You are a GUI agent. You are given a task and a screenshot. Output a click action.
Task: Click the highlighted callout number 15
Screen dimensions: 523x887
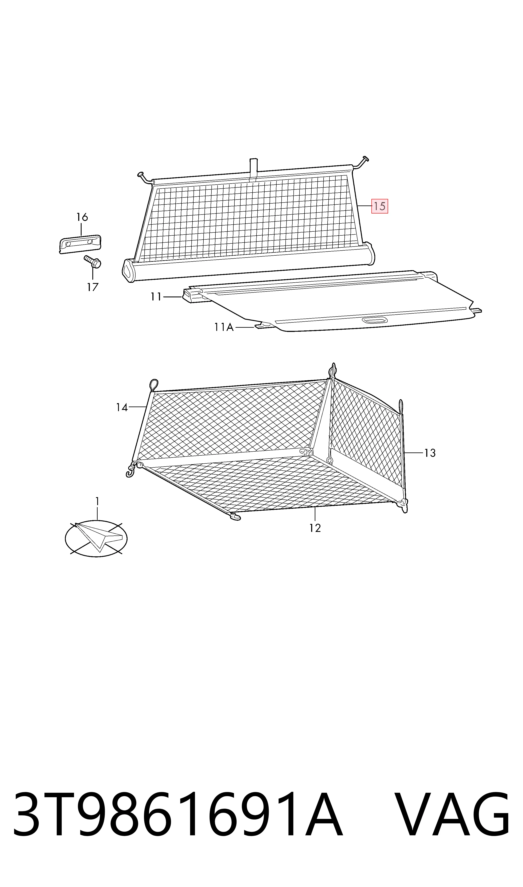point(380,206)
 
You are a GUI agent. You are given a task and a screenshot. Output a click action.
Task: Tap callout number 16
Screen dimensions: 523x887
point(82,217)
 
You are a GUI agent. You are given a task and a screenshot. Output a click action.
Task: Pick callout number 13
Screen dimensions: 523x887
point(430,453)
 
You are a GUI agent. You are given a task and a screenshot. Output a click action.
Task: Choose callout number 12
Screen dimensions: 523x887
point(315,528)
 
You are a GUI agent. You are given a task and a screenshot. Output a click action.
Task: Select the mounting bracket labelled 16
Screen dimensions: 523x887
point(80,244)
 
